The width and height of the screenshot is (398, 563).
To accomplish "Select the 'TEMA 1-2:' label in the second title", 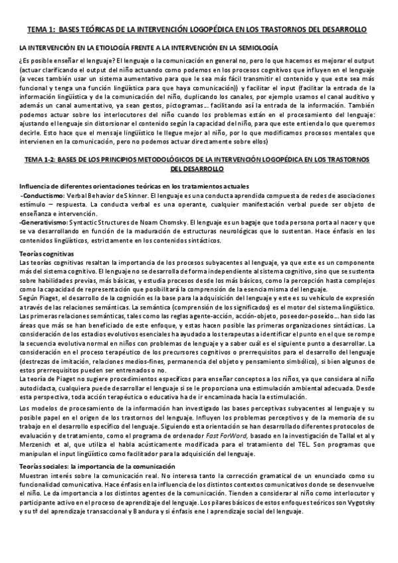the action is pyautogui.click(x=37, y=161).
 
